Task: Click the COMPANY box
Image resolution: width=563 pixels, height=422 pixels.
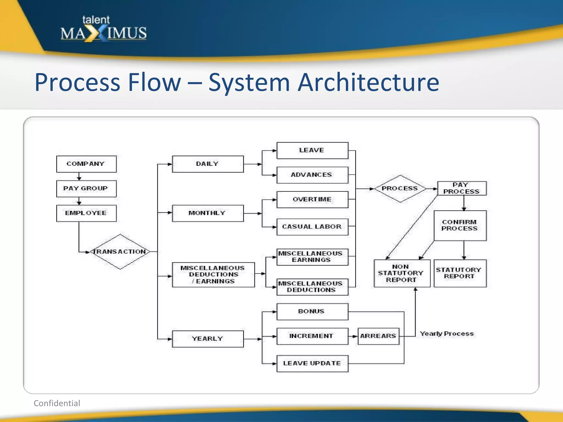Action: click(86, 164)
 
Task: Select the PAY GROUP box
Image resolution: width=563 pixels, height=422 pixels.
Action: click(86, 188)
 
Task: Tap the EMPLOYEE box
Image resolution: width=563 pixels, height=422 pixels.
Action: click(86, 213)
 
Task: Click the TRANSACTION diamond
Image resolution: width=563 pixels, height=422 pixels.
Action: click(120, 252)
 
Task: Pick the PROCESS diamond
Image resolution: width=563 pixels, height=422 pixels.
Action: click(400, 188)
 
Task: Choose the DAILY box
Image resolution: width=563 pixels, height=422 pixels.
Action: click(208, 164)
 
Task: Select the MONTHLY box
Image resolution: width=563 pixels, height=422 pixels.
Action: click(208, 213)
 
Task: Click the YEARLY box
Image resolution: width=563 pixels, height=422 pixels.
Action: click(208, 339)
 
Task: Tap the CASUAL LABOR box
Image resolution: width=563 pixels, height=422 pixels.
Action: click(312, 227)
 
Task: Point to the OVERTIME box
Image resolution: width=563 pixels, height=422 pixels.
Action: click(312, 199)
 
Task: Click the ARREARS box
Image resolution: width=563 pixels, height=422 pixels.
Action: click(378, 336)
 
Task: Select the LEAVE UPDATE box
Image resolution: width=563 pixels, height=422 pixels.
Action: click(312, 363)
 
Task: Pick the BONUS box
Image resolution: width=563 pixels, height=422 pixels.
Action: click(312, 312)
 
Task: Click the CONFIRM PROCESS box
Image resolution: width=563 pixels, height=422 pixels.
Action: click(460, 226)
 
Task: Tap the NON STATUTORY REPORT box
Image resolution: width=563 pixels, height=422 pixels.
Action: click(402, 273)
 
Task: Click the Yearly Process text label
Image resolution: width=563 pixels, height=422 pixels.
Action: click(447, 334)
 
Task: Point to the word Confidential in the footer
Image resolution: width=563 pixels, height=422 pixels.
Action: click(57, 403)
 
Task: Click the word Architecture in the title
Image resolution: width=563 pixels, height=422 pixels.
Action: click(368, 82)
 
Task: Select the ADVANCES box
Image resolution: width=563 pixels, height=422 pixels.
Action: click(312, 175)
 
